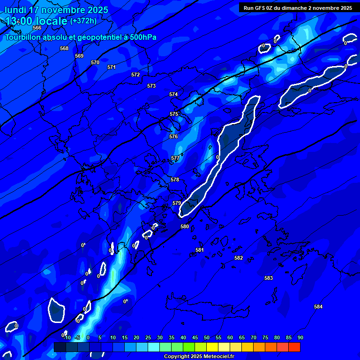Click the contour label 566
pyautogui.click(x=37, y=28)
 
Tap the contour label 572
pyautogui.click(x=135, y=75)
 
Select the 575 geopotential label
pyautogui.click(x=174, y=114)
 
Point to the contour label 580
pyautogui.click(x=185, y=226)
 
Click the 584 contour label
pyautogui.click(x=318, y=307)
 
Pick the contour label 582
pyautogui.click(x=239, y=258)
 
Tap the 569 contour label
pyautogui.click(x=79, y=56)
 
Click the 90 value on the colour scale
pyautogui.click(x=300, y=337)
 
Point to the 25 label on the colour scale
pyautogui.click(x=148, y=337)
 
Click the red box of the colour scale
pyautogui.click(x=294, y=347)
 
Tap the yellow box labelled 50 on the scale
pyautogui.click(x=212, y=347)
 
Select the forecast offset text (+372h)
pyautogui.click(x=83, y=21)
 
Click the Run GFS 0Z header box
pyautogui.click(x=298, y=7)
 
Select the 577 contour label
pyautogui.click(x=175, y=158)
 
